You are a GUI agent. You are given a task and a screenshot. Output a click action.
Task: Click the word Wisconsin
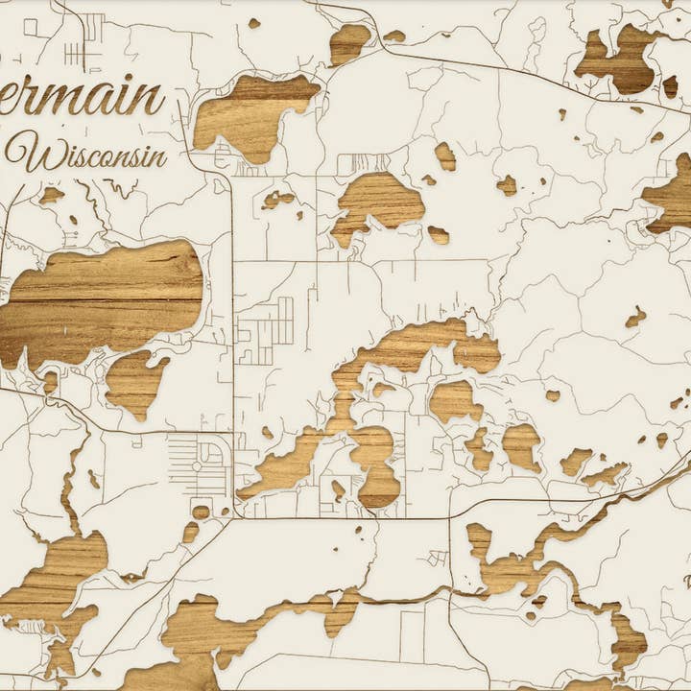[91, 155]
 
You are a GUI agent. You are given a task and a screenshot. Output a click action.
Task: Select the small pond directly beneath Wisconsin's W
[51, 195]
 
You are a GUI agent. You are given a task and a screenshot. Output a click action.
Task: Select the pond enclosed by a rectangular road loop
[338, 489]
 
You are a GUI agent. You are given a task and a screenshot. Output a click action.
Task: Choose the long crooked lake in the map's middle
[384, 384]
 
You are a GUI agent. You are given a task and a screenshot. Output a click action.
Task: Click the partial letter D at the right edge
[685, 580]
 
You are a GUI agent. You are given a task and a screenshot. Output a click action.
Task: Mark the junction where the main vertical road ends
[232, 517]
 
